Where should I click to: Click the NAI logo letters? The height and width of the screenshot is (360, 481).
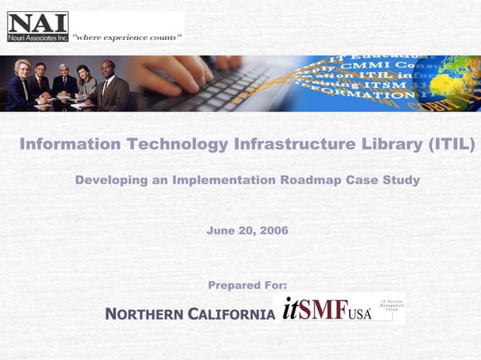(37, 22)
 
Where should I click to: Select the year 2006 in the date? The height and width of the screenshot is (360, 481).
(274, 230)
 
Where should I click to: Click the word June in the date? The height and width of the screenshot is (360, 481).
(219, 230)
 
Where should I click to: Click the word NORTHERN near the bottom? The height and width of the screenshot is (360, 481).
(144, 314)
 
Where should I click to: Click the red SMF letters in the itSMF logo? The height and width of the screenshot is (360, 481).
(324, 310)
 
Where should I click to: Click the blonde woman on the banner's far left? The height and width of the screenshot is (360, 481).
(20, 82)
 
